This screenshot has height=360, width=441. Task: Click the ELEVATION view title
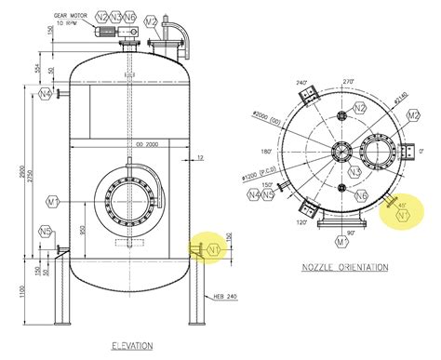coord(130,346)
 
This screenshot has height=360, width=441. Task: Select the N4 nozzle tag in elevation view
coord(46,93)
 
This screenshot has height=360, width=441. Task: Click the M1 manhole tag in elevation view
coord(53,201)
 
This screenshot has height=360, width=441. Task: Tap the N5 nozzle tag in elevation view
coord(45,232)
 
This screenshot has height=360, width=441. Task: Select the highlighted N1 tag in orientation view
coord(403,215)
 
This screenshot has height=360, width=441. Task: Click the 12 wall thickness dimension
coord(199,159)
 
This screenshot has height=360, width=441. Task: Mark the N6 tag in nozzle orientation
coord(361,195)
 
